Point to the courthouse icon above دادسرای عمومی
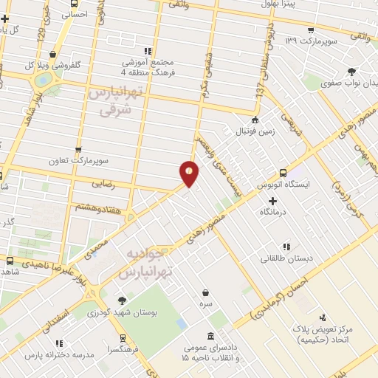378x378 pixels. [211, 335]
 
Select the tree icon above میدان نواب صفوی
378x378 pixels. [351, 72]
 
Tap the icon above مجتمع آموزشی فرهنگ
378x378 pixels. [148, 51]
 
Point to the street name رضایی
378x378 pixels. [103, 181]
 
